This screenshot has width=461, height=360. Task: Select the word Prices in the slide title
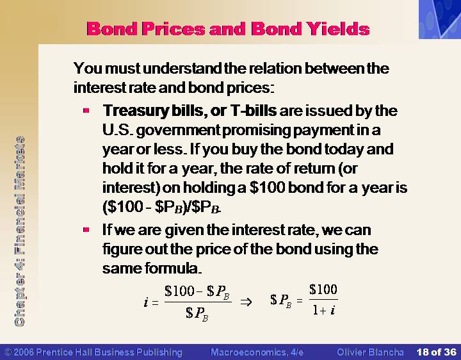coord(173,29)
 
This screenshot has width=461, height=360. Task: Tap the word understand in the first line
coord(182,69)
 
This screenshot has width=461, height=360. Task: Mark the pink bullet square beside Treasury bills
coord(86,111)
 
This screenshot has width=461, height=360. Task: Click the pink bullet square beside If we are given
coord(86,229)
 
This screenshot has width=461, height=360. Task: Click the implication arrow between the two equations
coord(246,302)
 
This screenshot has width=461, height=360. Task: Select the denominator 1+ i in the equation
coord(324,310)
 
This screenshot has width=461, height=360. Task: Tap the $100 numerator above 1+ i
coord(323,290)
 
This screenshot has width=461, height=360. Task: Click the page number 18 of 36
coord(436,352)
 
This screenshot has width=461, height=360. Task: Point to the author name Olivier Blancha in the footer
coord(370,352)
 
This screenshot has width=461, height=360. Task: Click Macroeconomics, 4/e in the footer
coord(257,352)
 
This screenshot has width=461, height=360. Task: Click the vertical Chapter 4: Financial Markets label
coord(20,231)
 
